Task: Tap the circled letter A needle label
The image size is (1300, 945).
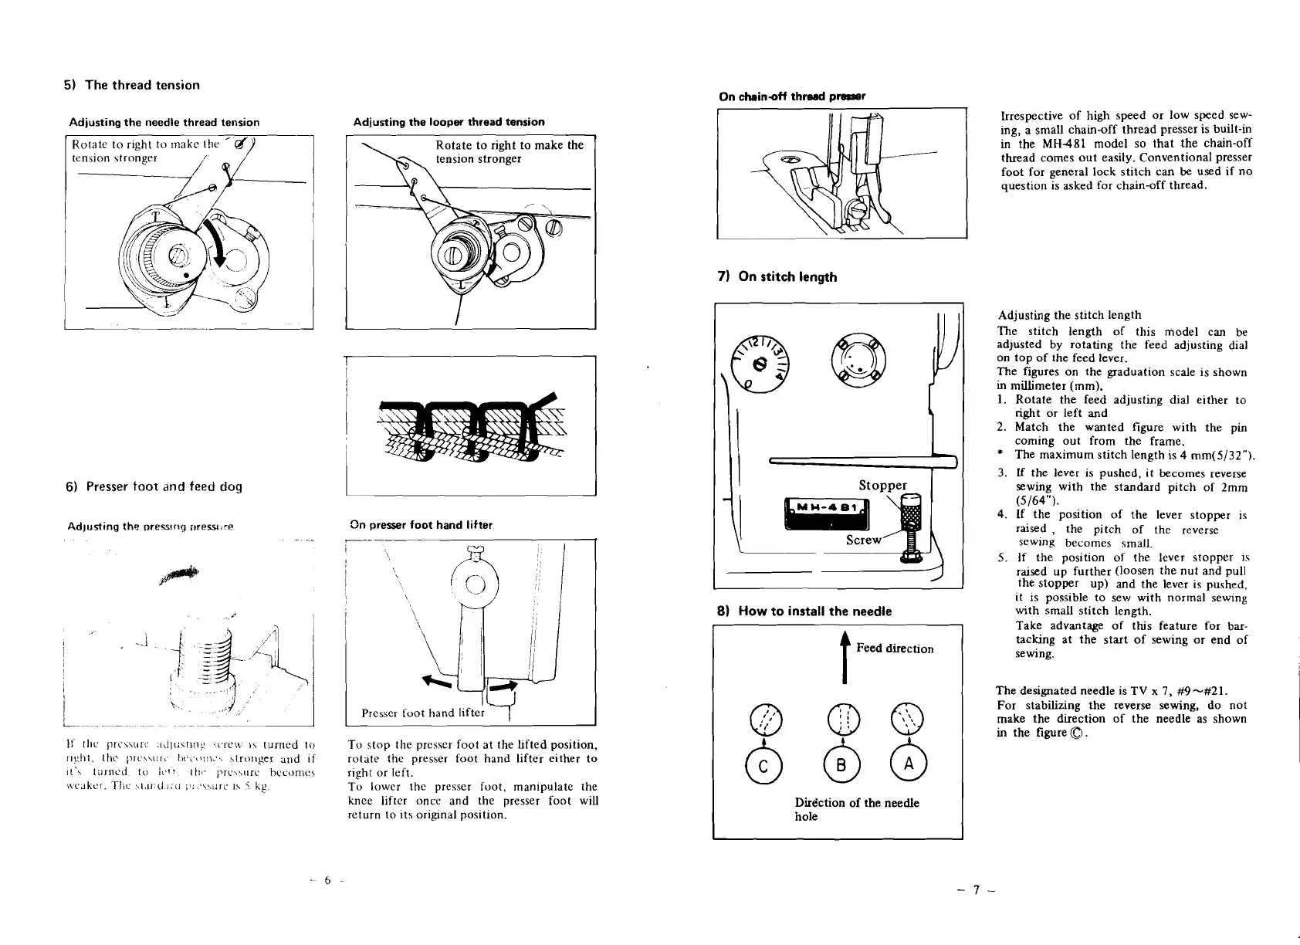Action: [908, 764]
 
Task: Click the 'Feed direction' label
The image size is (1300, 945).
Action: [895, 649]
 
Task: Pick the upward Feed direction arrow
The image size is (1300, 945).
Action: [845, 657]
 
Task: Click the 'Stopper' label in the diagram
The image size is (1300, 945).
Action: [882, 485]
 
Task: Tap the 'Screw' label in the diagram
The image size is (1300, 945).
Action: [863, 540]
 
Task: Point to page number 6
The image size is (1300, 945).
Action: [327, 879]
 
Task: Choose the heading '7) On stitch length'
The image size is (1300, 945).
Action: [777, 276]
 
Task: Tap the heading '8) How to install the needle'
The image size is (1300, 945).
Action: [804, 611]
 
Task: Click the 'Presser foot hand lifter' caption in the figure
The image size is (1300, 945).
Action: [422, 713]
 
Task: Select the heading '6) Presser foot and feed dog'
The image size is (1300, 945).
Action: [154, 486]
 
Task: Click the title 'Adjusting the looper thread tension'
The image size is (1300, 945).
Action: [449, 122]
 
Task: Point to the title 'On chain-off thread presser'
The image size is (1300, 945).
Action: [792, 97]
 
